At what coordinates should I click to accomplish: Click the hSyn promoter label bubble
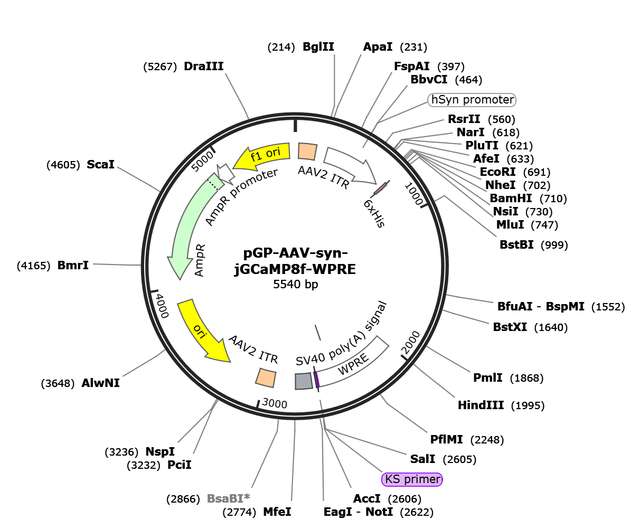click(x=472, y=100)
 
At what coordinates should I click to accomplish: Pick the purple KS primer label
click(x=412, y=479)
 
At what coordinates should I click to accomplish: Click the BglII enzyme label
click(x=318, y=47)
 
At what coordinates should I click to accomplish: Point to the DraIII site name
click(x=203, y=67)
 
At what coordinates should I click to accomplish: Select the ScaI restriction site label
click(x=100, y=165)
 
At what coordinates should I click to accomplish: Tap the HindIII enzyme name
click(x=481, y=405)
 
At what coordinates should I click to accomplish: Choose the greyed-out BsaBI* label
click(x=228, y=499)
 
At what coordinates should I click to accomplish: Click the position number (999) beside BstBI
click(x=554, y=245)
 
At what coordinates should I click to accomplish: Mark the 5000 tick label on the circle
click(x=202, y=162)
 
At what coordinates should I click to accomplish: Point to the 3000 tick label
click(x=275, y=404)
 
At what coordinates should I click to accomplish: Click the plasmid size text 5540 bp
click(x=296, y=285)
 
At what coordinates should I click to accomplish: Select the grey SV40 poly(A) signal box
click(x=304, y=381)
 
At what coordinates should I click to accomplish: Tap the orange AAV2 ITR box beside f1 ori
click(x=307, y=152)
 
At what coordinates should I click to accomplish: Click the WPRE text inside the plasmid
click(x=353, y=364)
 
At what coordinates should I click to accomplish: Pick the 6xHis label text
click(x=374, y=214)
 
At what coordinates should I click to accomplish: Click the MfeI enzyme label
click(x=277, y=512)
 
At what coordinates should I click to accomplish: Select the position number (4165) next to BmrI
click(x=33, y=266)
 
